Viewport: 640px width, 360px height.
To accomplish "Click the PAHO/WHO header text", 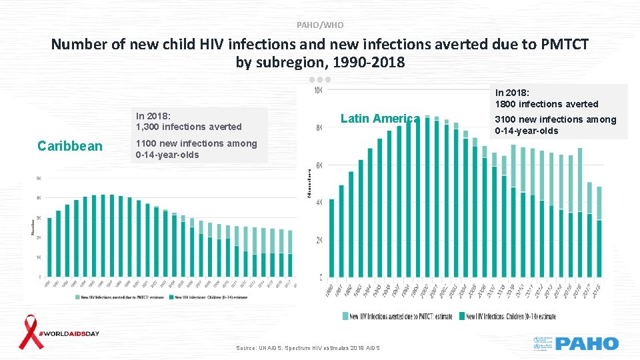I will (x=320, y=25).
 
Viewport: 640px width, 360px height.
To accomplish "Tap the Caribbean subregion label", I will (x=70, y=146).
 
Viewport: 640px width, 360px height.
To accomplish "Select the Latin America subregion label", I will (x=380, y=119).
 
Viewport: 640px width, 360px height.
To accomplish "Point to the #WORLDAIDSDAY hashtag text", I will (x=69, y=333).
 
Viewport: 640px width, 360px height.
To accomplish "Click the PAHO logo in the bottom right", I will (x=587, y=344).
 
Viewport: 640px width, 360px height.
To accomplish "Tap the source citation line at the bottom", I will (x=308, y=349).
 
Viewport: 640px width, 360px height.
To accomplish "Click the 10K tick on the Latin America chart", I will (x=318, y=89).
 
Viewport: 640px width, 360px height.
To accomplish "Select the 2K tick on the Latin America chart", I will (x=319, y=240).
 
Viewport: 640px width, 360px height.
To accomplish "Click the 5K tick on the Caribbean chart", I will (x=38, y=178).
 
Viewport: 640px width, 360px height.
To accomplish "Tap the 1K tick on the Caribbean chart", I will (x=38, y=257).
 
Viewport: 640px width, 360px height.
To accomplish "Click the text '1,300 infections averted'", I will (x=189, y=127).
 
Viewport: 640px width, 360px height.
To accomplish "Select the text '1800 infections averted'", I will (x=546, y=104).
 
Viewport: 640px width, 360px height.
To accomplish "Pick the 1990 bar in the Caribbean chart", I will (x=49, y=256).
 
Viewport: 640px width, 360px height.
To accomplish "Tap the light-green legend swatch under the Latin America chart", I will (x=345, y=316).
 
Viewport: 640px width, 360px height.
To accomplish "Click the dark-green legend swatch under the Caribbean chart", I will (x=170, y=296).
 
